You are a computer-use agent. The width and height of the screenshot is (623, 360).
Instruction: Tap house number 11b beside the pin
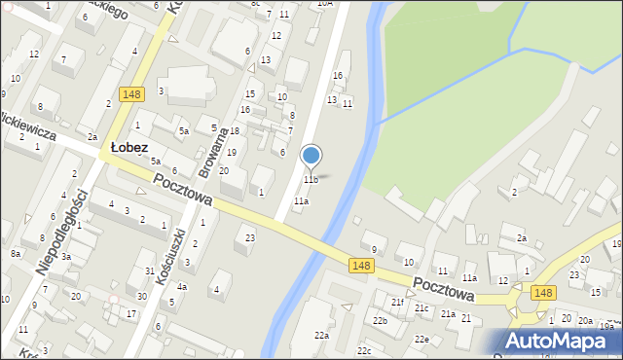pyautogui.click(x=310, y=180)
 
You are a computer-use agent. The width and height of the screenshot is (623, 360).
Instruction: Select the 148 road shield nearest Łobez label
pyautogui.click(x=133, y=94)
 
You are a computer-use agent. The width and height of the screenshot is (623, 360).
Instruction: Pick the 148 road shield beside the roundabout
pyautogui.click(x=543, y=292)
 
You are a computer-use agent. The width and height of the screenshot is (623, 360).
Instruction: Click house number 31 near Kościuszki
pyautogui.click(x=149, y=270)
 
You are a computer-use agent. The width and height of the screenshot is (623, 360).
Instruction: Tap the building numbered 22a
pyautogui.click(x=321, y=335)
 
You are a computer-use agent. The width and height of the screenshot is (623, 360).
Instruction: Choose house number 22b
pyautogui.click(x=380, y=320)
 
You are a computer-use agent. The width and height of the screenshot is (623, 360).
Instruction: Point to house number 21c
pyautogui.click(x=421, y=308)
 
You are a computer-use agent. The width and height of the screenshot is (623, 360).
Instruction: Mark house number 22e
pyautogui.click(x=421, y=339)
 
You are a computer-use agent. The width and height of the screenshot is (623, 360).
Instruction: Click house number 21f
pyautogui.click(x=397, y=303)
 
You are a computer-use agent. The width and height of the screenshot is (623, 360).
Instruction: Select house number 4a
pyautogui.click(x=181, y=286)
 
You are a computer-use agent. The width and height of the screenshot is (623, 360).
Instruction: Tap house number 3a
pyautogui.click(x=66, y=257)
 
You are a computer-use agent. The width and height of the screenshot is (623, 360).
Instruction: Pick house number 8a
pyautogui.click(x=16, y=253)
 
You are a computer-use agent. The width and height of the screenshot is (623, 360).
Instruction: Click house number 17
pyautogui.click(x=131, y=313)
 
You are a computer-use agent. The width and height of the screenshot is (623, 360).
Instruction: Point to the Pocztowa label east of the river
pyautogui.click(x=443, y=287)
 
